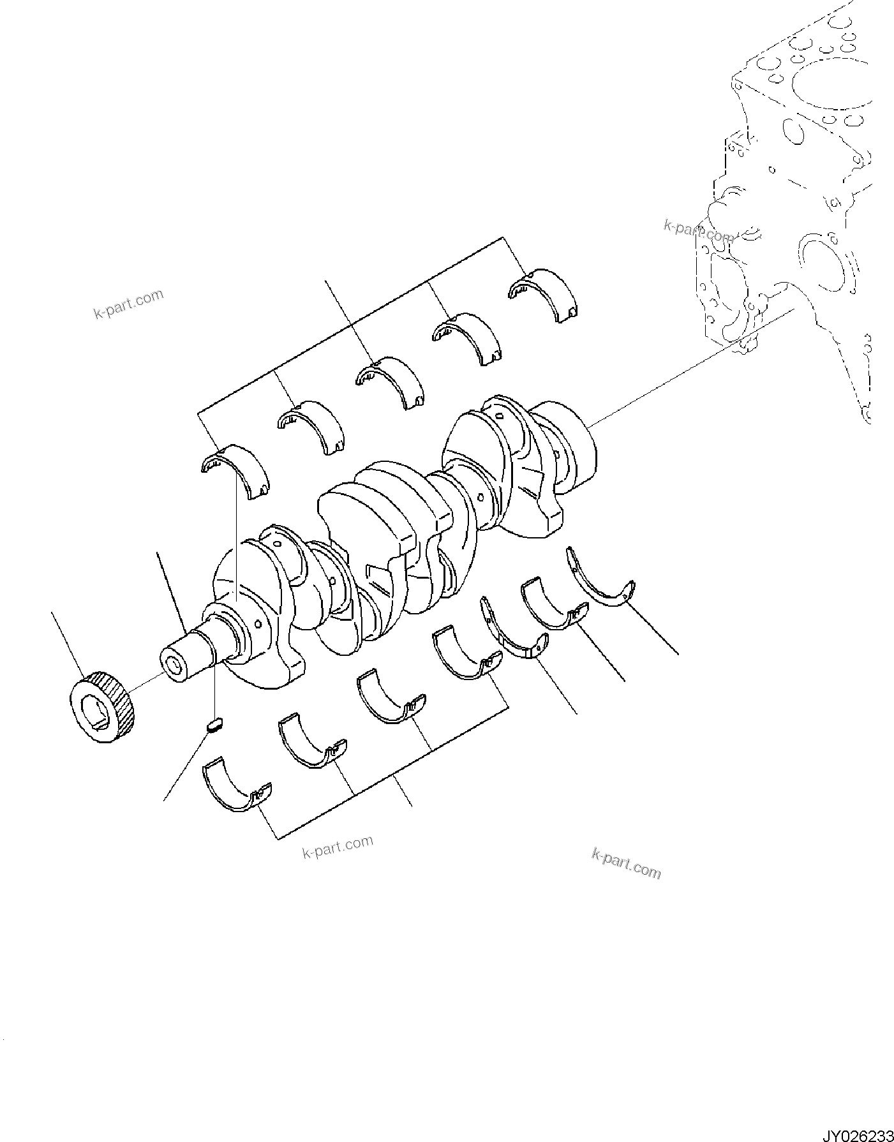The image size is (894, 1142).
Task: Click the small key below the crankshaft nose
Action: coord(214,724)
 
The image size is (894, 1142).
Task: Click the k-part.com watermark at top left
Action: coord(128,304)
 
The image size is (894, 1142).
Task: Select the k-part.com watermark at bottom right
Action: coord(626,863)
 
